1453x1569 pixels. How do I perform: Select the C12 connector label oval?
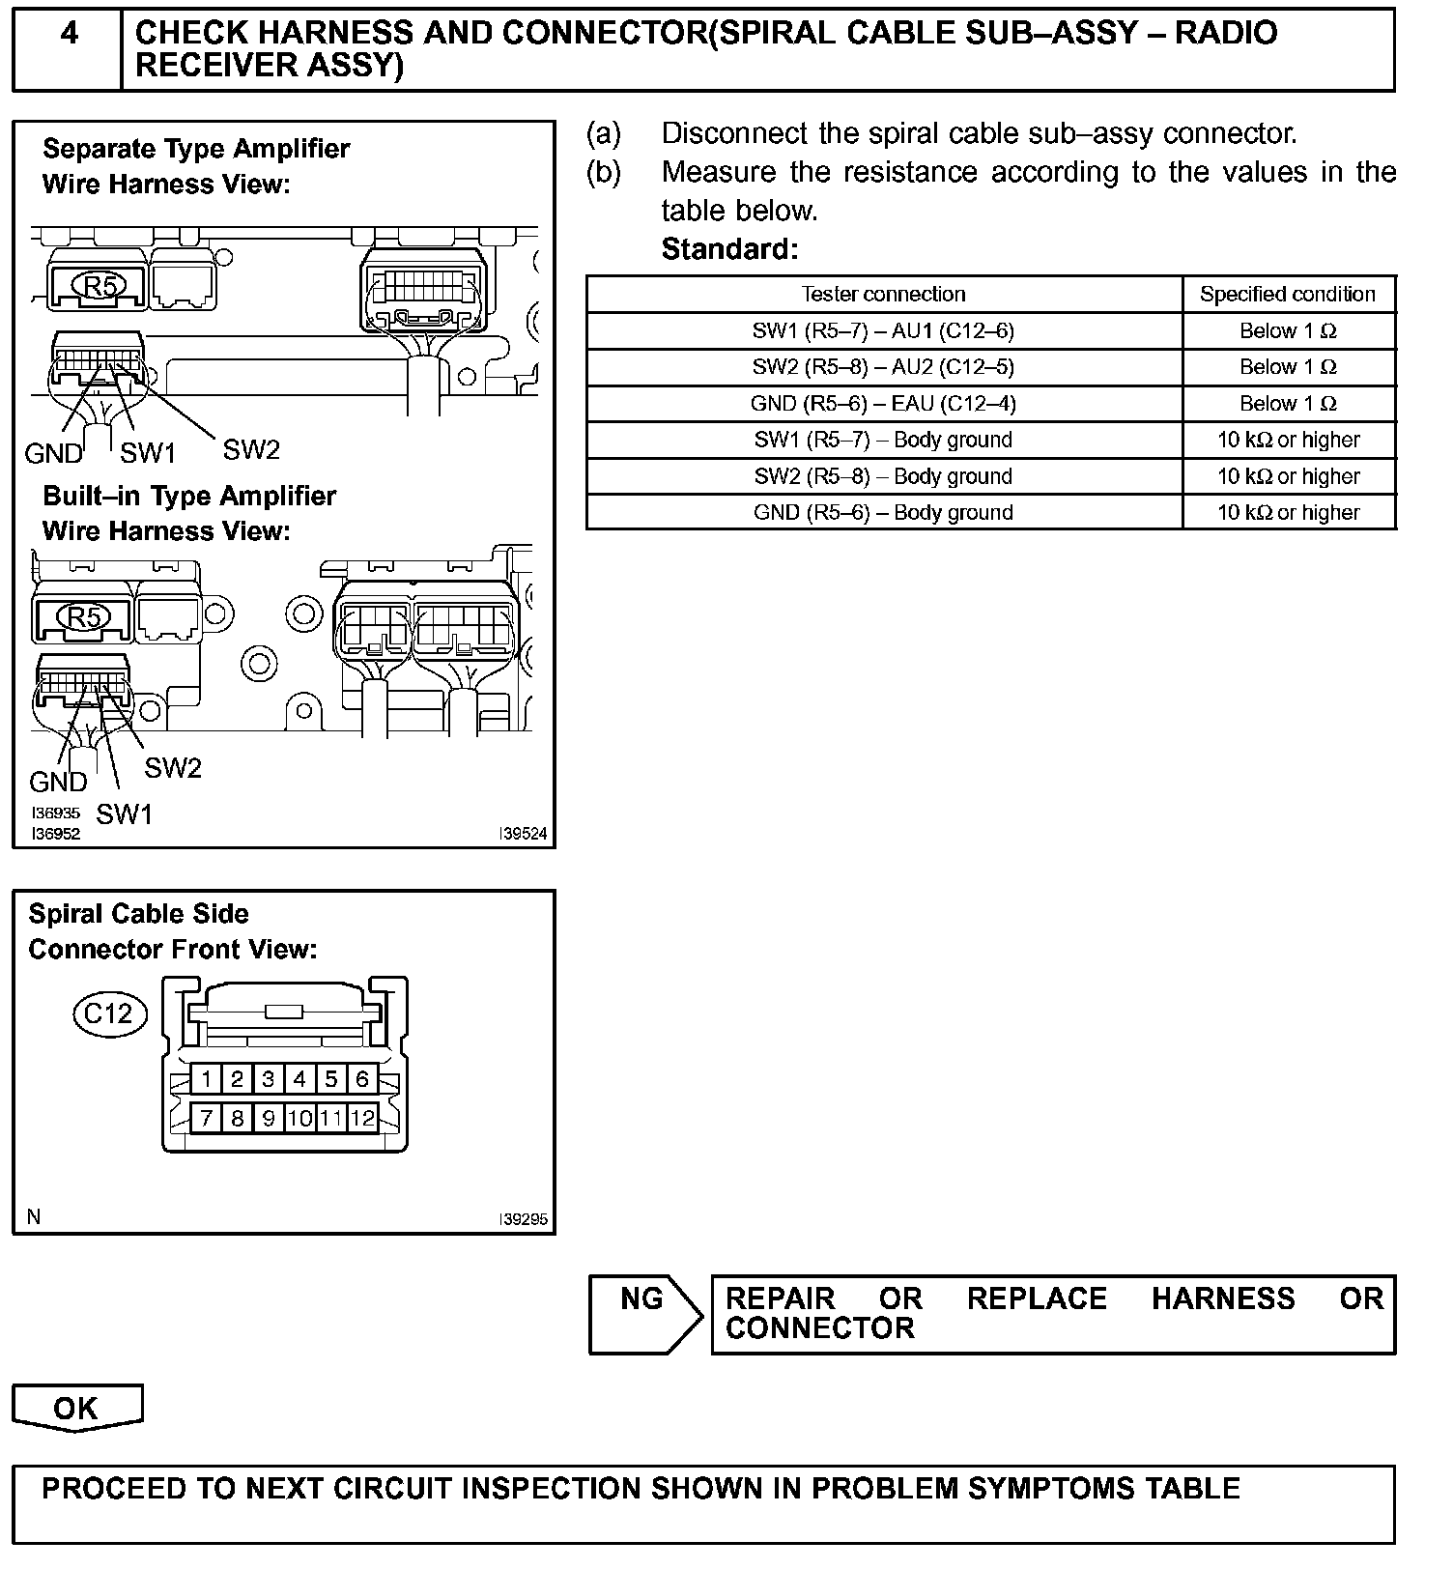(109, 1013)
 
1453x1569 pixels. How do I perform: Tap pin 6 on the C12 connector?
(362, 1078)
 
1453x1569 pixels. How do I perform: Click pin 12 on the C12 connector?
(362, 1119)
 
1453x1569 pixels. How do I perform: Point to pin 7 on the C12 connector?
(206, 1119)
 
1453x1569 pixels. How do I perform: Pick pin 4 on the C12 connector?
(299, 1078)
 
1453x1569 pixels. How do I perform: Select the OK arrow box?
(76, 1408)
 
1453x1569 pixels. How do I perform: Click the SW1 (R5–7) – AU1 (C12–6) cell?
(883, 330)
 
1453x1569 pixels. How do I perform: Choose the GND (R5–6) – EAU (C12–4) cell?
(883, 404)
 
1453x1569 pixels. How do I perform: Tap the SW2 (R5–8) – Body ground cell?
(883, 476)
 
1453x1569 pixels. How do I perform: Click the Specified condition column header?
(1288, 294)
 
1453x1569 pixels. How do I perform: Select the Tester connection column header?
(883, 294)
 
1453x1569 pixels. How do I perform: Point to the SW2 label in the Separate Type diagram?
(251, 449)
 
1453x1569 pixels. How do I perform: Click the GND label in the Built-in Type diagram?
(58, 782)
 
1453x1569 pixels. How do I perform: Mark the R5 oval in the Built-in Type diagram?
(85, 616)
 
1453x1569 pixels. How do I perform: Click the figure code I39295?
(523, 1219)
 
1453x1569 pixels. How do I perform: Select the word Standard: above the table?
(729, 249)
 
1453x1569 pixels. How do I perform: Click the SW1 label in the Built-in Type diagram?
(125, 814)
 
